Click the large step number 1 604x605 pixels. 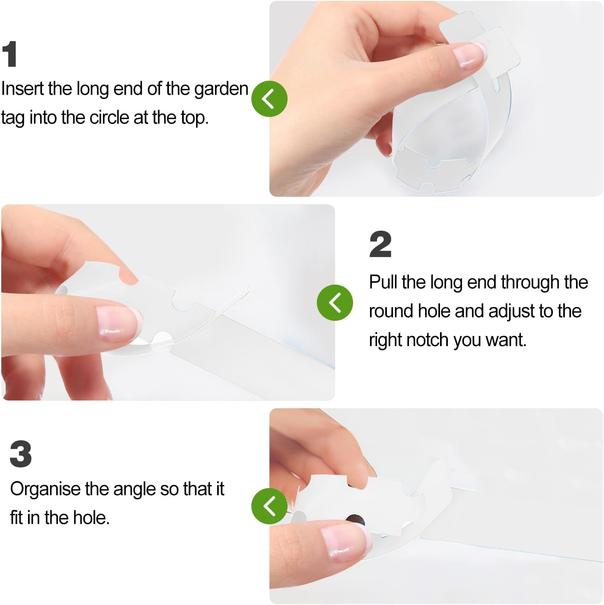(9, 54)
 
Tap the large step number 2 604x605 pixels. (380, 244)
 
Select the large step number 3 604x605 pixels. (21, 454)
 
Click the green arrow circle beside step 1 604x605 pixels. (269, 98)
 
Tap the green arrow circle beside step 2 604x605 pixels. (335, 302)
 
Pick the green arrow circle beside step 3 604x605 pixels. (269, 506)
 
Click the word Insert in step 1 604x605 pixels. (22, 89)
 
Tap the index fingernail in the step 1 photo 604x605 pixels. (469, 56)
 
